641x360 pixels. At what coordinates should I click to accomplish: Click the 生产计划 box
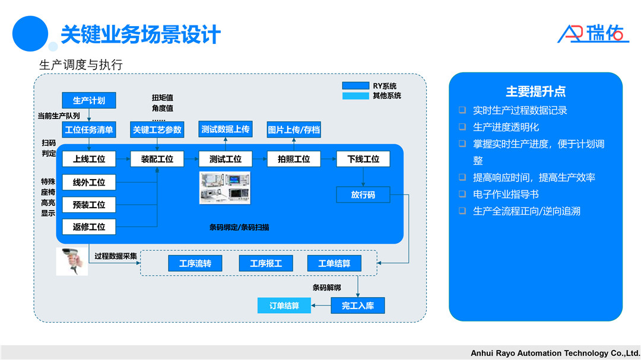(88, 100)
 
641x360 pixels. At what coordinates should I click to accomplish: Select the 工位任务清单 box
(89, 129)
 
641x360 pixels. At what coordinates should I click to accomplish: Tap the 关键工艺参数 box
(157, 129)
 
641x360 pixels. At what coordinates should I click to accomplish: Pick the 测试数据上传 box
(225, 129)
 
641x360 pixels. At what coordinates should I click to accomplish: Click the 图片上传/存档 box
(293, 129)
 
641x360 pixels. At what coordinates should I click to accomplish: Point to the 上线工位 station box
(89, 159)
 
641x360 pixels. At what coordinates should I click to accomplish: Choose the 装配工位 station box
(157, 159)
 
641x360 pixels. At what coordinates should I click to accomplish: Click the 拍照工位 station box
(293, 159)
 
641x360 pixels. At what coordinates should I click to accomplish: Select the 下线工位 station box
(363, 159)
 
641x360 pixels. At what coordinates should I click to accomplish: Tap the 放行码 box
(363, 195)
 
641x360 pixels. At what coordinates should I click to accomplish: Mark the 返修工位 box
(89, 227)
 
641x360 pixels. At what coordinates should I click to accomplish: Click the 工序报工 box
(266, 263)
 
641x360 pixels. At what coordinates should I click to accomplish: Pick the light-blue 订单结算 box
(284, 305)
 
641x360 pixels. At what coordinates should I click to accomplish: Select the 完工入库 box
(357, 305)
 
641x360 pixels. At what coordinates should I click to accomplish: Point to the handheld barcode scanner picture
(72, 261)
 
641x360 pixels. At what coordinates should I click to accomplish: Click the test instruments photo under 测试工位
(225, 187)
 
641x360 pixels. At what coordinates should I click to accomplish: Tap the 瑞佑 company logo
(593, 33)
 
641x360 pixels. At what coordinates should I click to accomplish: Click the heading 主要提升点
(535, 91)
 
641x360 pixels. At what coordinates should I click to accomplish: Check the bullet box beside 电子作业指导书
(462, 194)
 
